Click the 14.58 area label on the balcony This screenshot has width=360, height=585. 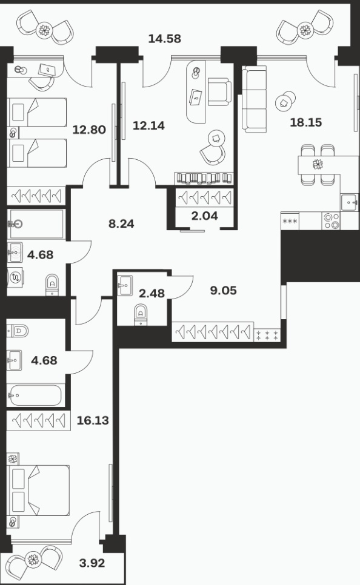pos(165,38)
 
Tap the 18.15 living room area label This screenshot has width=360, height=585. pos(306,122)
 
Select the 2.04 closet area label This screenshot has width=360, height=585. pos(205,216)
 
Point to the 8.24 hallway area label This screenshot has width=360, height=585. pos(121,224)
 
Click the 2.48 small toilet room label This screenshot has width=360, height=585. pos(152,294)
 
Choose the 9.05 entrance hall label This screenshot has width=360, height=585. pos(223,291)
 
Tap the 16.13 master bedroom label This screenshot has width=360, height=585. pos(93,420)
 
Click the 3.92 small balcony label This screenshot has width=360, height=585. pos(92,563)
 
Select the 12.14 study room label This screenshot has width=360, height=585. pos(148,126)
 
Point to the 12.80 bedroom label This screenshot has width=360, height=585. pos(89,130)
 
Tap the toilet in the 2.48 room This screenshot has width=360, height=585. pos(141,314)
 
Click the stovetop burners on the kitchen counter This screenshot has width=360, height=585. pos(331,221)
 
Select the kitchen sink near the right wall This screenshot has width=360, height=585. pos(349,203)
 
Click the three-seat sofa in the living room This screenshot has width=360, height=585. pos(255,99)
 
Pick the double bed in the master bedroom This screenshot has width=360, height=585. pos(39,491)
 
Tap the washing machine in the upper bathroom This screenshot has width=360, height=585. pos(16,277)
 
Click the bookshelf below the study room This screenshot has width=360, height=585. pos(204,178)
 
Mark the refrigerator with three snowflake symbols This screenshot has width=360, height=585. pos(290,221)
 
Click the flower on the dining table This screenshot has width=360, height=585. pos(318,164)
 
